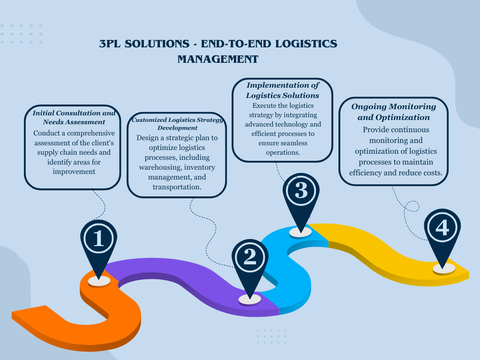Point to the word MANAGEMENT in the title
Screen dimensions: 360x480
tap(218, 60)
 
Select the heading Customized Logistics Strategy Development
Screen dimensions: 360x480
tap(177, 124)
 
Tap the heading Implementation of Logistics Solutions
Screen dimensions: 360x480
tap(283, 90)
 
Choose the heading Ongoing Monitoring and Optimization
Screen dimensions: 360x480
tap(393, 112)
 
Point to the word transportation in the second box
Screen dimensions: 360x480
tap(177, 187)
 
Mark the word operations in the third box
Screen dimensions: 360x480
tap(283, 153)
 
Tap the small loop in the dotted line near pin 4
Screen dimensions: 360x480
tap(412, 206)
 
